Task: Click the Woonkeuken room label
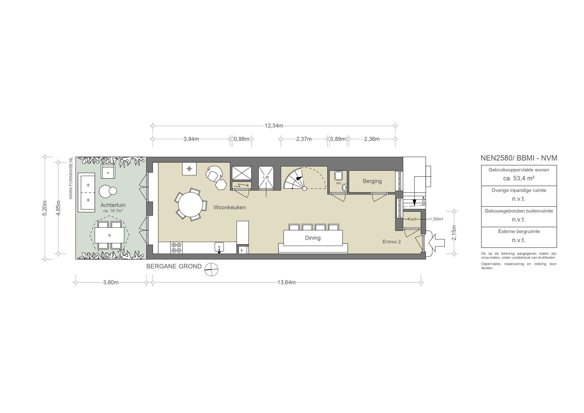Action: pyautogui.click(x=229, y=207)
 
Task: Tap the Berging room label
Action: pyautogui.click(x=372, y=181)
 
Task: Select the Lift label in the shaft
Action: pyautogui.click(x=266, y=177)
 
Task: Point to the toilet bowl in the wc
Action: pyautogui.click(x=339, y=175)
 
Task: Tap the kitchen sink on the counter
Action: pyautogui.click(x=219, y=247)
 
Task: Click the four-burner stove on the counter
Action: pyautogui.click(x=176, y=248)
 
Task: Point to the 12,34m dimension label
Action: pyautogui.click(x=274, y=125)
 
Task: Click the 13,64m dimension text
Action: pyautogui.click(x=287, y=282)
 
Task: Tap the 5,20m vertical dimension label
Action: pyautogui.click(x=45, y=208)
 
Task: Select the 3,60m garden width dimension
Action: pyautogui.click(x=111, y=282)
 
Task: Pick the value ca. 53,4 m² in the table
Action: pyautogui.click(x=519, y=179)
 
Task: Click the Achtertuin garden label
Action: pyautogui.click(x=113, y=205)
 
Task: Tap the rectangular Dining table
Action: pyautogui.click(x=313, y=238)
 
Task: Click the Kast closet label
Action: pyautogui.click(x=412, y=219)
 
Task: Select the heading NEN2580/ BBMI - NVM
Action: pyautogui.click(x=519, y=158)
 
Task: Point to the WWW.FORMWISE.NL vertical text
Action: pyautogui.click(x=71, y=178)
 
